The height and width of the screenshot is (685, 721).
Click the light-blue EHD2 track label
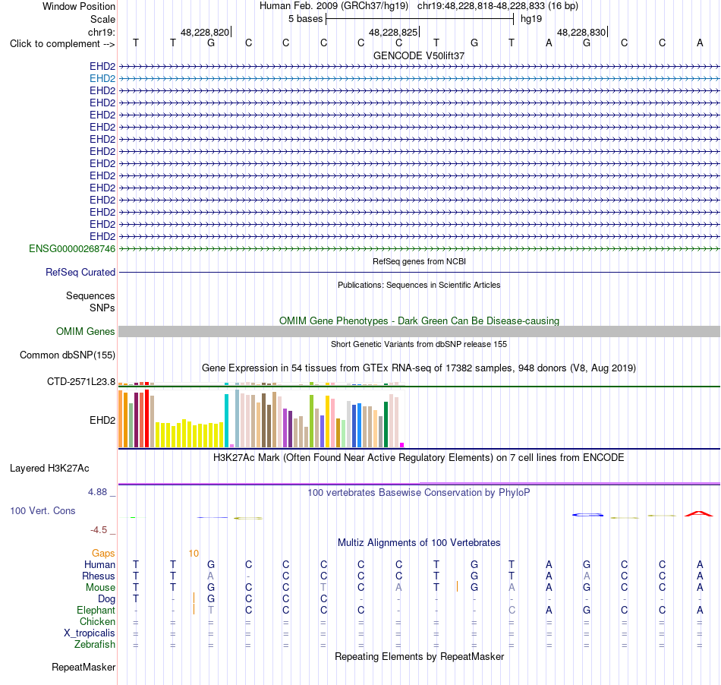[x=102, y=79]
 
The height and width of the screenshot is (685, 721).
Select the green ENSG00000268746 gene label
[x=72, y=249]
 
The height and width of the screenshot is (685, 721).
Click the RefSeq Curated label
[x=80, y=273]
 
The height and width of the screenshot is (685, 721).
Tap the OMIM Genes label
[x=86, y=332]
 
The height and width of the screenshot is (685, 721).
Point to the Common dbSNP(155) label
[x=68, y=355]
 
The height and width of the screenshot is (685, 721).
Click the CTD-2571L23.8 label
[x=81, y=382]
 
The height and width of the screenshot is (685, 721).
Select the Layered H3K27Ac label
[x=49, y=469]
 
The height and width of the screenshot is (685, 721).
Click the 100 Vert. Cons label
[x=43, y=510]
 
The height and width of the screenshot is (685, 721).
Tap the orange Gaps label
[x=103, y=554]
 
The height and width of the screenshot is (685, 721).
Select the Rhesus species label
[x=99, y=576]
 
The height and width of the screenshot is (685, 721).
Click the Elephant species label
[x=96, y=611]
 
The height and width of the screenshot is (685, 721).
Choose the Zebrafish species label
[x=95, y=645]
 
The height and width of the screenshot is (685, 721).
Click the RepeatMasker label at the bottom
[x=83, y=668]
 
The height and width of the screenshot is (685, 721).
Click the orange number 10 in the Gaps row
[x=194, y=554]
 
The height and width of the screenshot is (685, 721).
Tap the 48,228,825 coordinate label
[x=393, y=32]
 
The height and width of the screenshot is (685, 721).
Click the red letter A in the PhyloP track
[x=699, y=513]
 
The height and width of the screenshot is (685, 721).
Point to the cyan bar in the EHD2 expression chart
[x=226, y=421]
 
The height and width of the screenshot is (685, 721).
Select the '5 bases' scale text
[x=305, y=19]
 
